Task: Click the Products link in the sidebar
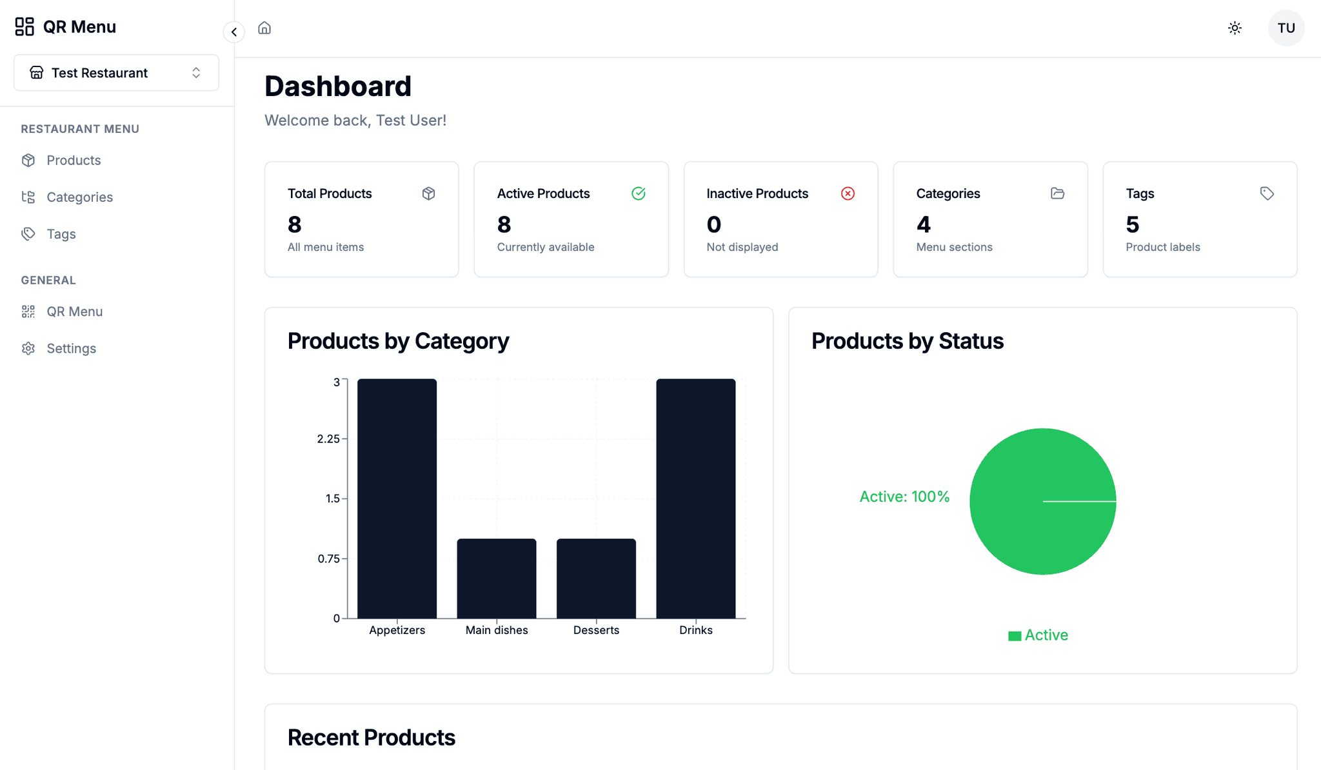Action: tap(73, 160)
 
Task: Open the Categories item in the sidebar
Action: tap(79, 197)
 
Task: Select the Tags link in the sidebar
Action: tap(61, 234)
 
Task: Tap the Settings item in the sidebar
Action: tap(71, 348)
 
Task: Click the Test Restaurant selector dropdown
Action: tap(116, 73)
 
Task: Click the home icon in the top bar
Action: tap(264, 28)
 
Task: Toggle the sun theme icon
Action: tap(1235, 28)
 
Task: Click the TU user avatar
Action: tap(1286, 28)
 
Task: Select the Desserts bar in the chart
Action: tap(596, 578)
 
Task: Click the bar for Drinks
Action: tap(695, 499)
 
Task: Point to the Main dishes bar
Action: tap(497, 578)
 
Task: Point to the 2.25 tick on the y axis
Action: tap(328, 439)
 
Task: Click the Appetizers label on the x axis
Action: tap(397, 630)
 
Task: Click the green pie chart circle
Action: tap(1042, 501)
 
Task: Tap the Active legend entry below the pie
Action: tap(1038, 635)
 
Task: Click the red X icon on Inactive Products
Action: tap(848, 193)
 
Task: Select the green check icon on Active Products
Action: tap(638, 193)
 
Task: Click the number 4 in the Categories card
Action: tap(924, 224)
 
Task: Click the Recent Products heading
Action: tap(372, 738)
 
